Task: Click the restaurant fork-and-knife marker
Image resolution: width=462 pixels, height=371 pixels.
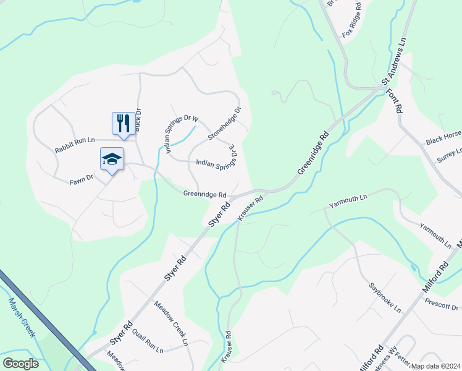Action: pos(123,123)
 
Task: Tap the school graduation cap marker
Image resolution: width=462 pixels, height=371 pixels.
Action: pos(112,159)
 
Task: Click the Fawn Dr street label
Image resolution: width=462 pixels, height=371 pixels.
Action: pos(81,179)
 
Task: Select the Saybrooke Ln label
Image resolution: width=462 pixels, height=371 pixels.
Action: pos(385,296)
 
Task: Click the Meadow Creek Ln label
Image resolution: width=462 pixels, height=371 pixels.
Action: pos(170,321)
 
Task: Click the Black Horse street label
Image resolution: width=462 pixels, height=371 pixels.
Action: pos(443,139)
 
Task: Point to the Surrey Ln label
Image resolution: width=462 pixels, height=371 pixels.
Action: pos(450,155)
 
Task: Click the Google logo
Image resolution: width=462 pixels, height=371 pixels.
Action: pos(20,364)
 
